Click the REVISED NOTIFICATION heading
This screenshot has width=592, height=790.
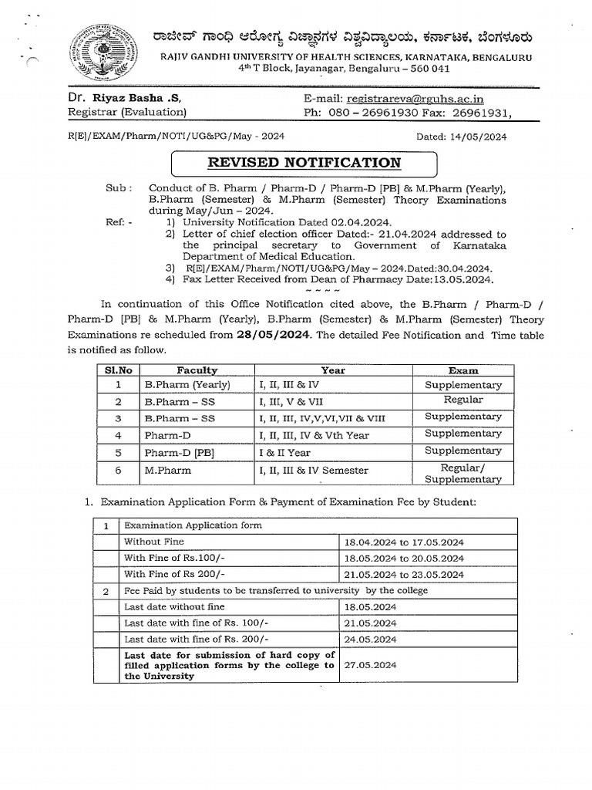pyautogui.click(x=303, y=163)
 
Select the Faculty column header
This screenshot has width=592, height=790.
pyautogui.click(x=197, y=370)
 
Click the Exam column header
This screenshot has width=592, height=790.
pyautogui.click(x=462, y=370)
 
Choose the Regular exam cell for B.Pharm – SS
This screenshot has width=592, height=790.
pyautogui.click(x=462, y=400)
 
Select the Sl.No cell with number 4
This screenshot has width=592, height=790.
pyautogui.click(x=119, y=435)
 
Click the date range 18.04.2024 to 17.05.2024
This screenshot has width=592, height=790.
pyautogui.click(x=404, y=542)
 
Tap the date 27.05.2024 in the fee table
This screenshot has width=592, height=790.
pyautogui.click(x=371, y=663)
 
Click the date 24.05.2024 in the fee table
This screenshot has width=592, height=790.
pyautogui.click(x=371, y=640)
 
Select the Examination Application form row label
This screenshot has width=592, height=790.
pyautogui.click(x=193, y=525)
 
